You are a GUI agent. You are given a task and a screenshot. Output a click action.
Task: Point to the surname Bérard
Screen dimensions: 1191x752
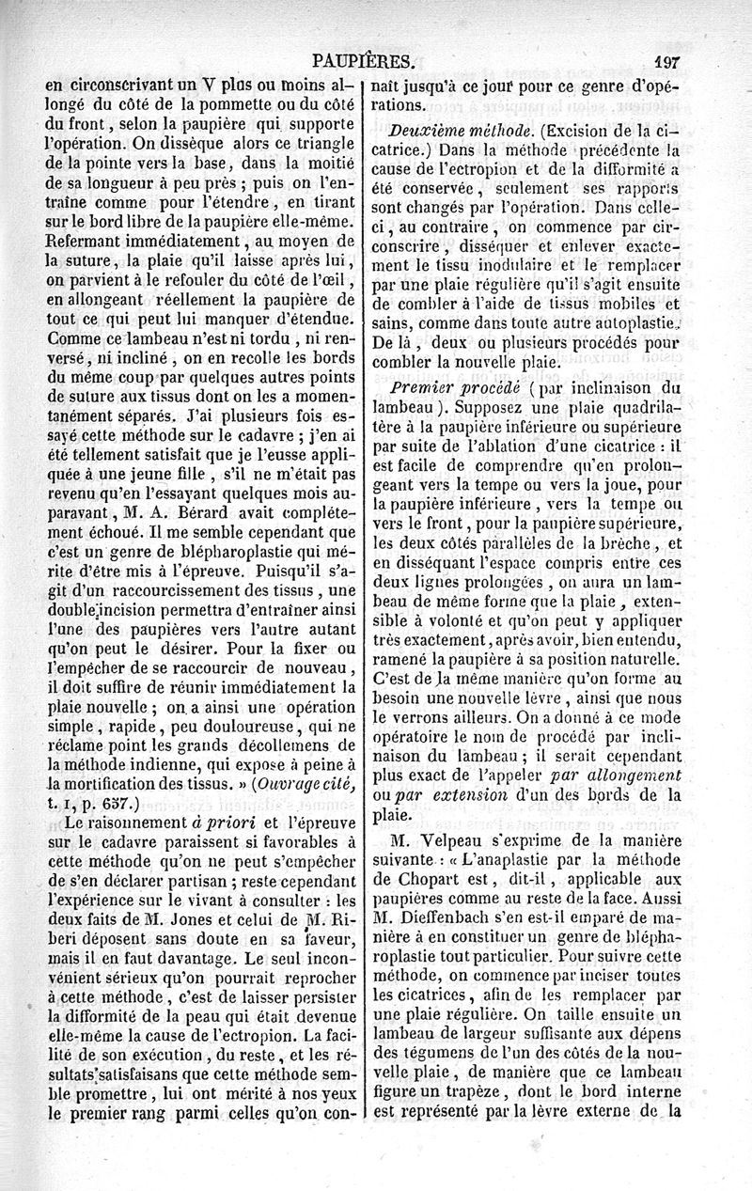tap(197, 513)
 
